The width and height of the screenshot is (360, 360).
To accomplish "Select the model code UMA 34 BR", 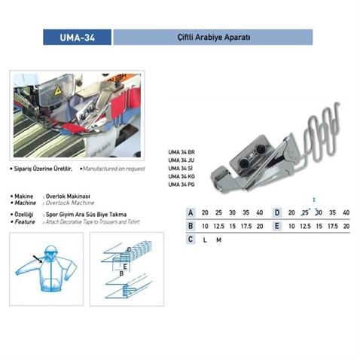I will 181,151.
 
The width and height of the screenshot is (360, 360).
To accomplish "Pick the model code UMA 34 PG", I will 181,185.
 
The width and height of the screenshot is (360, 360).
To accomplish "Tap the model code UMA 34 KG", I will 181,176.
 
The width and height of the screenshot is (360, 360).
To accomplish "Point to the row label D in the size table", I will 276,212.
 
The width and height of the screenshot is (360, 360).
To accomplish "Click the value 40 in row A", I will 260,212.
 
